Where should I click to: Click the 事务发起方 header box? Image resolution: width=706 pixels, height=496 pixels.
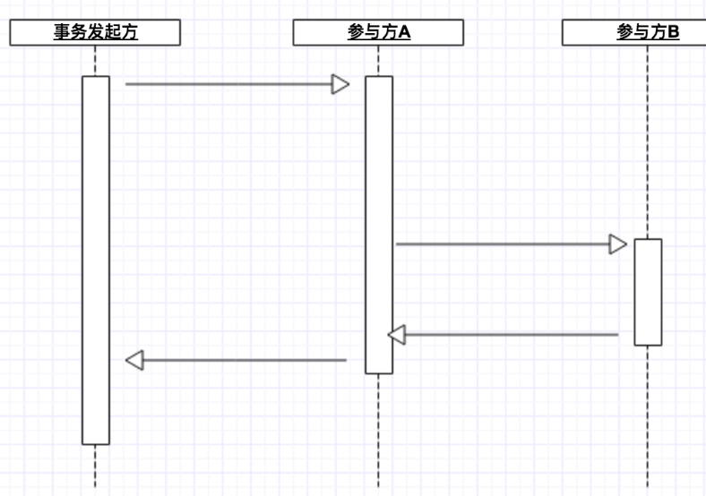click(95, 33)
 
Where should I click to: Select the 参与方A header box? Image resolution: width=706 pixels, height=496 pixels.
click(378, 33)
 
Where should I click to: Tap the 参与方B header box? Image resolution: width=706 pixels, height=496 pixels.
click(634, 33)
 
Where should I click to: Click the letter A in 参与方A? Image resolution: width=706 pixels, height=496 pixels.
click(405, 33)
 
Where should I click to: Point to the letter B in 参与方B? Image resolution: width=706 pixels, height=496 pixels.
click(673, 33)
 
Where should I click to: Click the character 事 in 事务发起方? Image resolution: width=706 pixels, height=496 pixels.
click(61, 33)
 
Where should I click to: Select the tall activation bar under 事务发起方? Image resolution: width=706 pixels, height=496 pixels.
click(96, 260)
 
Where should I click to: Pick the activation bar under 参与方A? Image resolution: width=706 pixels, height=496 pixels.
click(378, 224)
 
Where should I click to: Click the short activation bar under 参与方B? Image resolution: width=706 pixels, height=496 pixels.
click(648, 292)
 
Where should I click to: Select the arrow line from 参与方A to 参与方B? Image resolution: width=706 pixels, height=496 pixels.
click(502, 244)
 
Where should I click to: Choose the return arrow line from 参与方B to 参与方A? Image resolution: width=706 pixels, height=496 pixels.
click(511, 335)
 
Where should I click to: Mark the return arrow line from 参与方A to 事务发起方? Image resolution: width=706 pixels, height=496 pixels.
click(242, 360)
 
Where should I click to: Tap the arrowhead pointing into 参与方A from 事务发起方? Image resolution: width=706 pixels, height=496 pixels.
click(340, 84)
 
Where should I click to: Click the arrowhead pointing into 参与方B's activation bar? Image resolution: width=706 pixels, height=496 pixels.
click(618, 244)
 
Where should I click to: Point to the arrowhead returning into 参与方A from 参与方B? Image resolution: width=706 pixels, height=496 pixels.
click(397, 335)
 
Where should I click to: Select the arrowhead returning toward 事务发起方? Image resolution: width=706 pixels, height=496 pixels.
click(134, 360)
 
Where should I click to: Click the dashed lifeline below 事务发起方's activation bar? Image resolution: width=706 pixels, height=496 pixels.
click(95, 467)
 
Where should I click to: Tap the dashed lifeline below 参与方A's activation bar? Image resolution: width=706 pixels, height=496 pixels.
click(378, 430)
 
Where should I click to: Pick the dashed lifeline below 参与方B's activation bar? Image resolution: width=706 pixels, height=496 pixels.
click(648, 416)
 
